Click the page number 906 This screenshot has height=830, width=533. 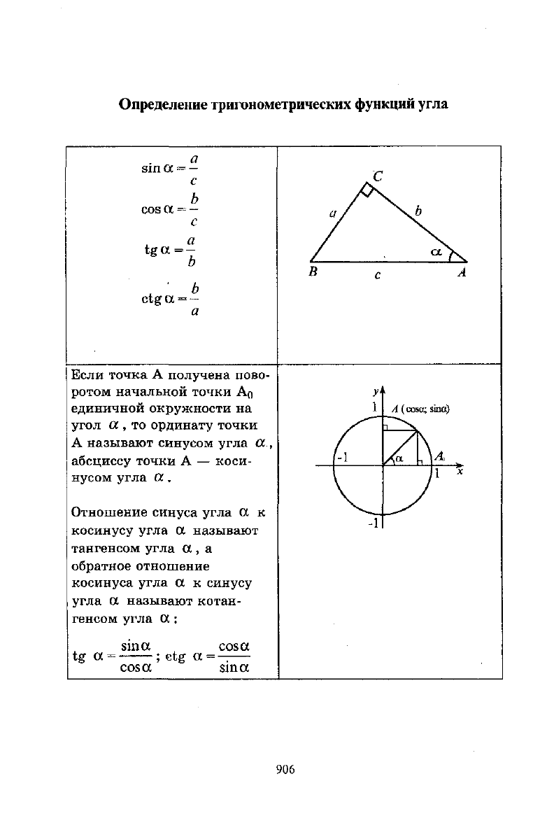pyautogui.click(x=285, y=770)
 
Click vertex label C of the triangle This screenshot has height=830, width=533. pyautogui.click(x=378, y=176)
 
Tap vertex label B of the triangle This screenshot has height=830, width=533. pyautogui.click(x=314, y=274)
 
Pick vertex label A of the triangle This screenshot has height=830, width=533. pyautogui.click(x=462, y=274)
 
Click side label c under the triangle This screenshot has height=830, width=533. pyautogui.click(x=377, y=275)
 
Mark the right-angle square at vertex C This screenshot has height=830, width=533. pyautogui.click(x=367, y=190)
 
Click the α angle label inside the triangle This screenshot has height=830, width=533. pyautogui.click(x=436, y=250)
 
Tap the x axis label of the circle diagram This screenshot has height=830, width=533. pyautogui.click(x=460, y=472)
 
